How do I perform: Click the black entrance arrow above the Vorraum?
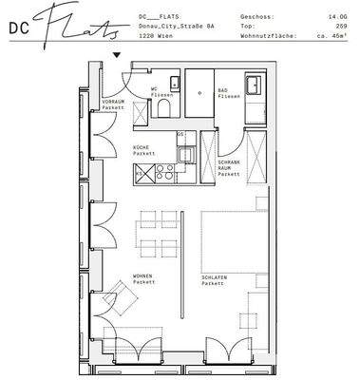pos(117,55)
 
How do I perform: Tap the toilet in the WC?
pos(162,109)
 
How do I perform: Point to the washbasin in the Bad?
pos(255,86)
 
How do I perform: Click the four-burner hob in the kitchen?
pos(164,173)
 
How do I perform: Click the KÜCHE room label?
pos(141,148)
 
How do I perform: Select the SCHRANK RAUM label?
pos(228,165)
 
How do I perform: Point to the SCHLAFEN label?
pos(213,279)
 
